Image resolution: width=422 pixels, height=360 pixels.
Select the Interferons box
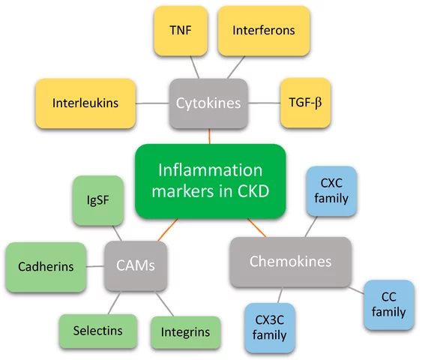point(263,31)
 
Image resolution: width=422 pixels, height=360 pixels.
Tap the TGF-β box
point(304,103)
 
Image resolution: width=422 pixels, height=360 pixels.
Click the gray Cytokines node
point(208,103)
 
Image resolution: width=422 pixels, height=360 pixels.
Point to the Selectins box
point(97,330)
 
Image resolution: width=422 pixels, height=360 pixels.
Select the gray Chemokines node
point(290,262)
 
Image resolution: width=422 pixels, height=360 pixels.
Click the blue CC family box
point(388,304)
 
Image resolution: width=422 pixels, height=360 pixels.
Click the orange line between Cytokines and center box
point(210,136)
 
